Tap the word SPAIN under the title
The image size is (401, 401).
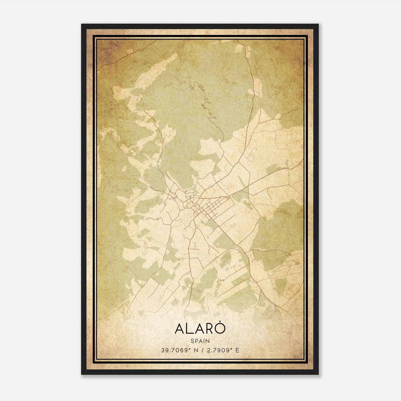pyautogui.click(x=200, y=341)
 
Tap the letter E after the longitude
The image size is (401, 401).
pyautogui.click(x=237, y=350)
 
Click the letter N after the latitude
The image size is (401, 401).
pyautogui.click(x=196, y=350)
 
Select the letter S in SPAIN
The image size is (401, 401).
pyautogui.click(x=192, y=341)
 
